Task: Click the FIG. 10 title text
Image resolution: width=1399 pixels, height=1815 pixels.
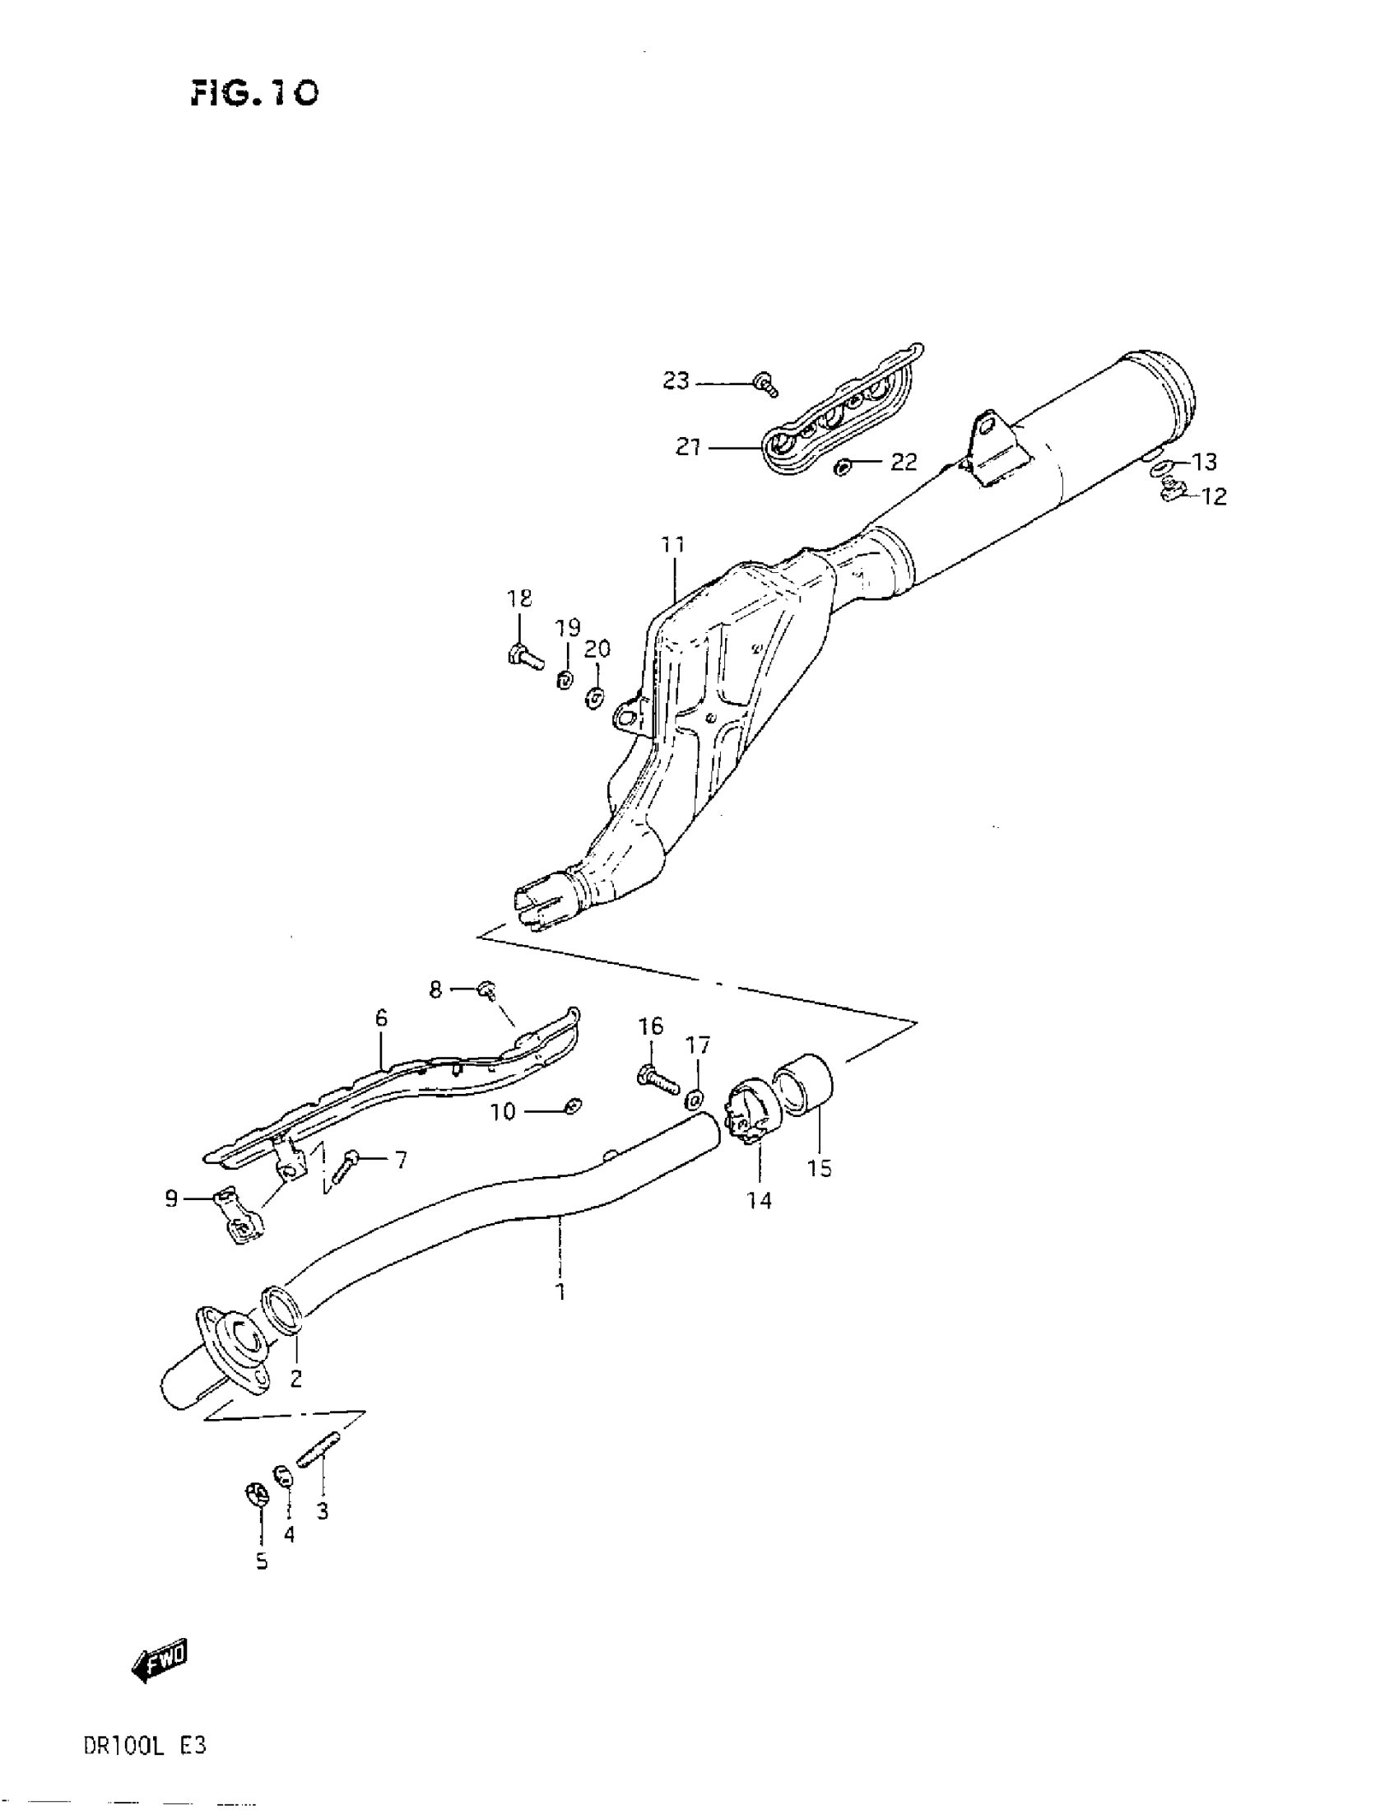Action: tap(253, 93)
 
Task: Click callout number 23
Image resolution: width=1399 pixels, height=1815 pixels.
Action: tap(676, 380)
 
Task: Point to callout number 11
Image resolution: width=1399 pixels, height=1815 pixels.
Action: tap(673, 545)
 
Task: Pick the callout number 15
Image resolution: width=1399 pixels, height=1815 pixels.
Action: tap(819, 1169)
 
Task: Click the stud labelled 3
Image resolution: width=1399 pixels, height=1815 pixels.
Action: tap(319, 1456)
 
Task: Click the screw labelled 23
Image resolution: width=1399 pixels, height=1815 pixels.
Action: tap(765, 384)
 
